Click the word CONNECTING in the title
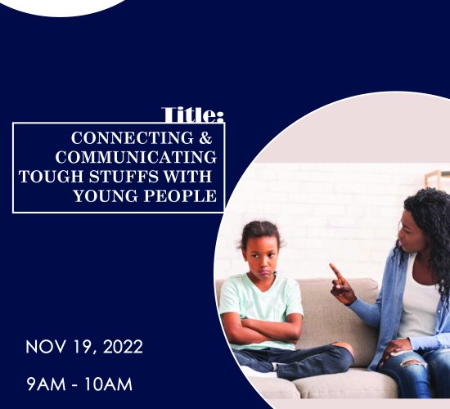point(133,137)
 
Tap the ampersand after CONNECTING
point(205,137)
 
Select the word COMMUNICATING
point(136,157)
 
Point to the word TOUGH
point(51,176)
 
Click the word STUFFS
point(124,176)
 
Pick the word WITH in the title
point(187,176)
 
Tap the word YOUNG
point(106,196)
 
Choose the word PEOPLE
point(180,196)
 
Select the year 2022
point(123,347)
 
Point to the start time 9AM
point(46,384)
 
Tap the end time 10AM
point(109,384)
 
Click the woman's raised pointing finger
point(335,271)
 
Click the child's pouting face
point(262,261)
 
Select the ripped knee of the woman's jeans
point(413,362)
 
